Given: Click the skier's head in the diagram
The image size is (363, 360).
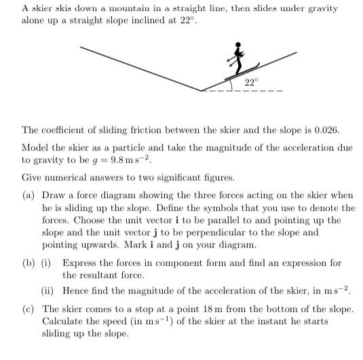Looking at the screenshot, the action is [238, 46].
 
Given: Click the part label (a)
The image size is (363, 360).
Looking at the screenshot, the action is [28, 196].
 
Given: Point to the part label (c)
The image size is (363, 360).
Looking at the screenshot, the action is [28, 309].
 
